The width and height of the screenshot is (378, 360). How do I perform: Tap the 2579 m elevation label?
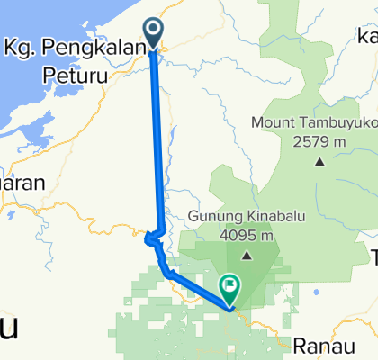318,140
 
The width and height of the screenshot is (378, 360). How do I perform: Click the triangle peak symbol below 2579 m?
318,162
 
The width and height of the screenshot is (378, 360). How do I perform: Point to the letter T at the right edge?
373,258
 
